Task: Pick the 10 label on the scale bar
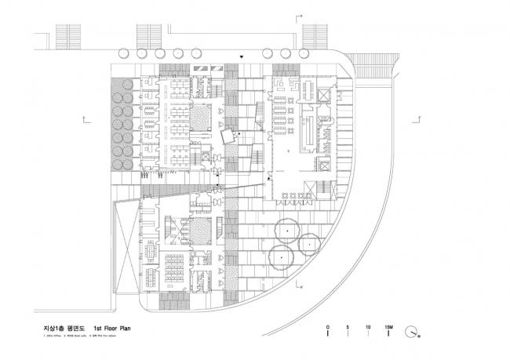coord(368,325)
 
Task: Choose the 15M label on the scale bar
coord(388,325)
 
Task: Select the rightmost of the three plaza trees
coord(309,245)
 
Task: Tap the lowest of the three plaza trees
coord(280,256)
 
